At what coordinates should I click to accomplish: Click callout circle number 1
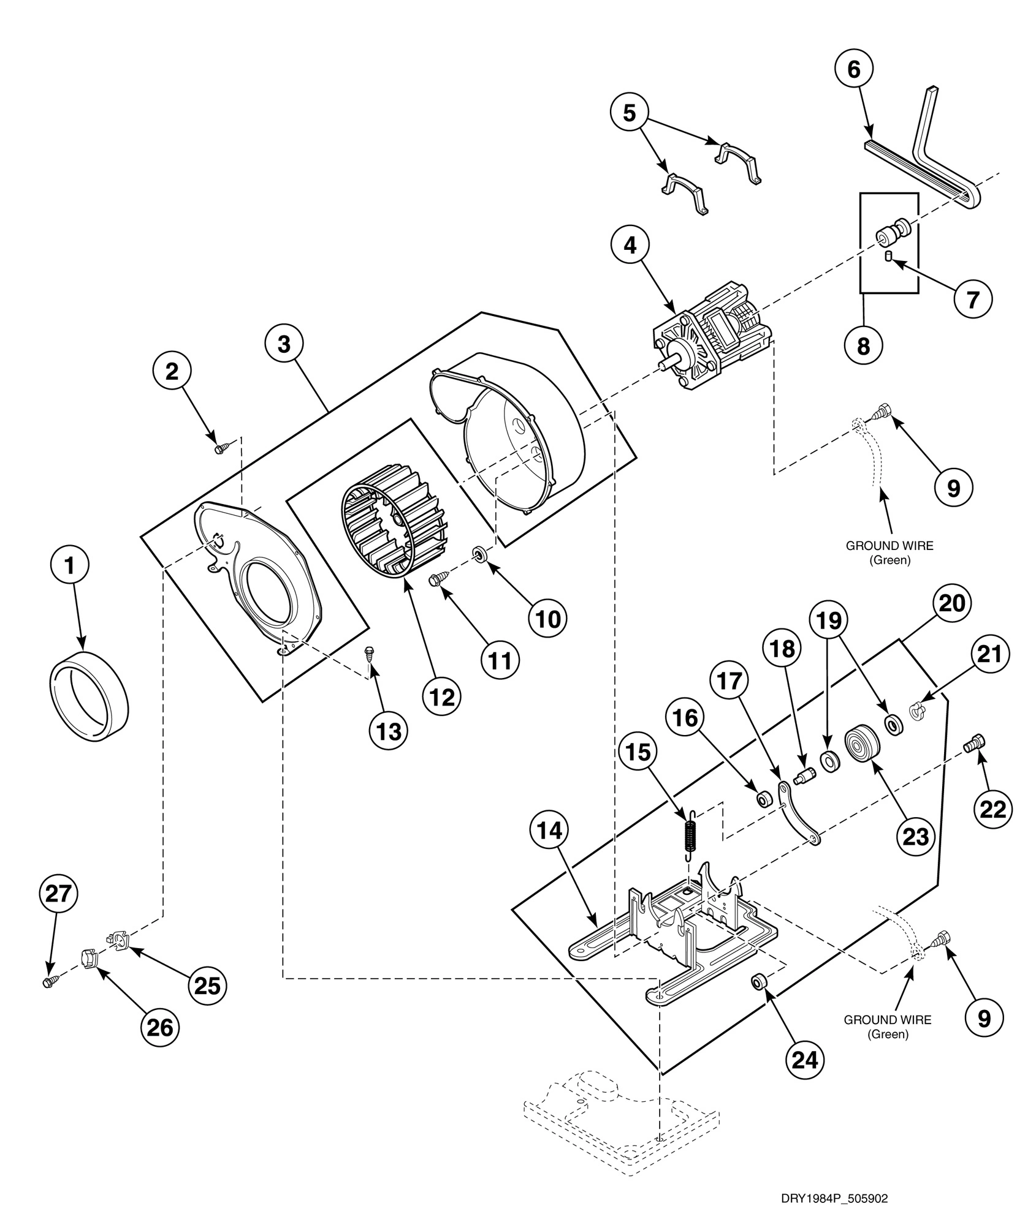click(x=69, y=566)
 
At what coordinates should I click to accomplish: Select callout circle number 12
click(x=442, y=696)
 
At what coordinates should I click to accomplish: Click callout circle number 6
click(x=854, y=70)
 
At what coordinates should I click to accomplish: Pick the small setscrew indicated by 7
click(x=888, y=255)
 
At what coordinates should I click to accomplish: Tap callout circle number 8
click(x=863, y=346)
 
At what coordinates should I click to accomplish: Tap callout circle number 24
click(x=806, y=1060)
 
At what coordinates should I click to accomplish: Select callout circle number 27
click(x=59, y=895)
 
